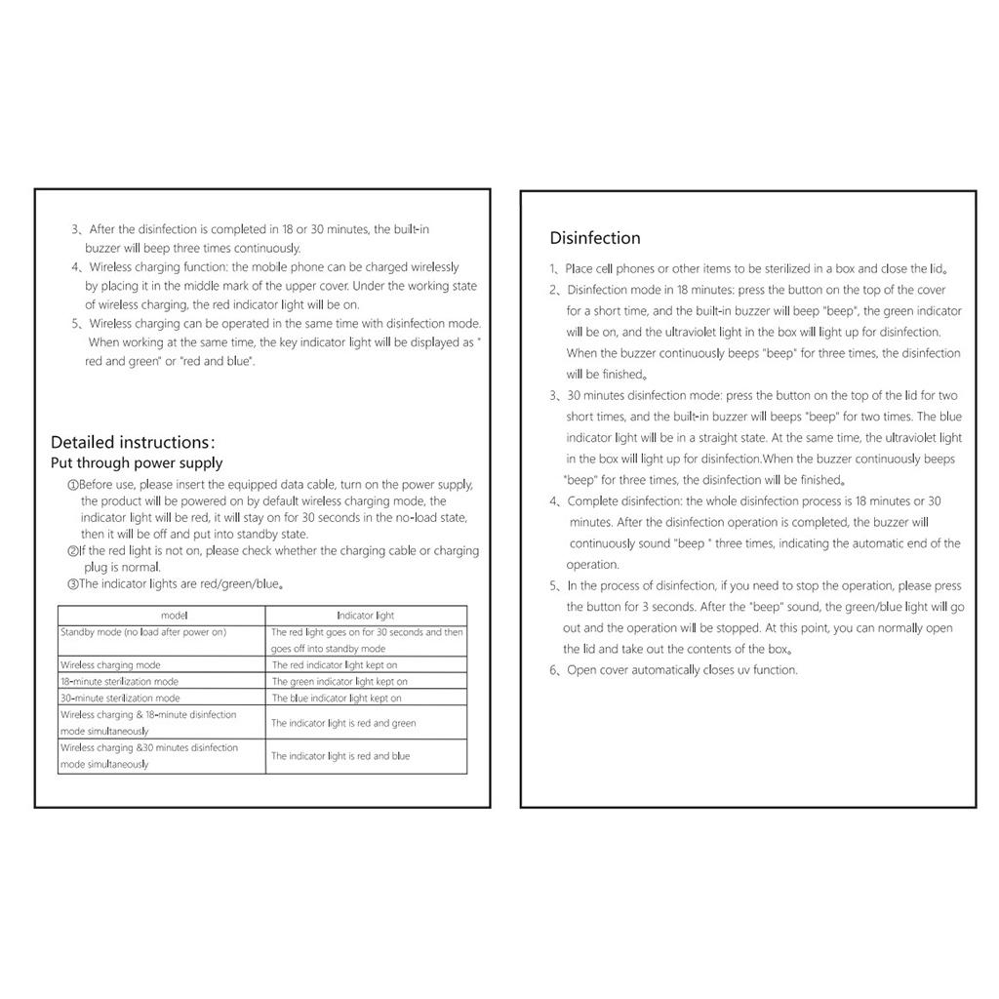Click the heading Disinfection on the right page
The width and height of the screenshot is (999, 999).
pyautogui.click(x=595, y=238)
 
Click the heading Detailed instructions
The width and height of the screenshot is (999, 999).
pyautogui.click(x=133, y=442)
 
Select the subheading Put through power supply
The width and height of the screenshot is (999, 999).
pyautogui.click(x=137, y=463)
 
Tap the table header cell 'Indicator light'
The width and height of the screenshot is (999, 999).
pyautogui.click(x=366, y=616)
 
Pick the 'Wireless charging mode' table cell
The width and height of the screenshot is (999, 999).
pyautogui.click(x=110, y=665)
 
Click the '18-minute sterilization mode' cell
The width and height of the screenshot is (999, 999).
pyautogui.click(x=119, y=682)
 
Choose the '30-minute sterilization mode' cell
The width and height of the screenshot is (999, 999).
pyautogui.click(x=120, y=699)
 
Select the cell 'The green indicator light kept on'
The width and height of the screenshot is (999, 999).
pyautogui.click(x=340, y=682)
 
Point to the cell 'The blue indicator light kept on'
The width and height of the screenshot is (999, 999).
pyautogui.click(x=337, y=699)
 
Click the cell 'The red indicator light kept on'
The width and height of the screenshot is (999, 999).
pyautogui.click(x=335, y=665)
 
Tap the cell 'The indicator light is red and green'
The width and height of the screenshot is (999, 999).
pyautogui.click(x=343, y=724)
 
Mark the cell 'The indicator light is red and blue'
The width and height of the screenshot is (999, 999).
pyautogui.click(x=340, y=756)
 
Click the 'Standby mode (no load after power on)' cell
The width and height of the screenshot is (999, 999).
pyautogui.click(x=143, y=632)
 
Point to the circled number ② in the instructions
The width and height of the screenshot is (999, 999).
pyautogui.click(x=72, y=551)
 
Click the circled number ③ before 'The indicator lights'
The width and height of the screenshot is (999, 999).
pyautogui.click(x=72, y=584)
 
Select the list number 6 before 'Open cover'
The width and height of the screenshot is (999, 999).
pyautogui.click(x=553, y=670)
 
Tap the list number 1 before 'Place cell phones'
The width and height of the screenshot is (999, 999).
pyautogui.click(x=553, y=269)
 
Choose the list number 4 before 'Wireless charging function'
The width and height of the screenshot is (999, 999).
pyautogui.click(x=75, y=267)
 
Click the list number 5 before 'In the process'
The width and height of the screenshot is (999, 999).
pyautogui.click(x=553, y=586)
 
